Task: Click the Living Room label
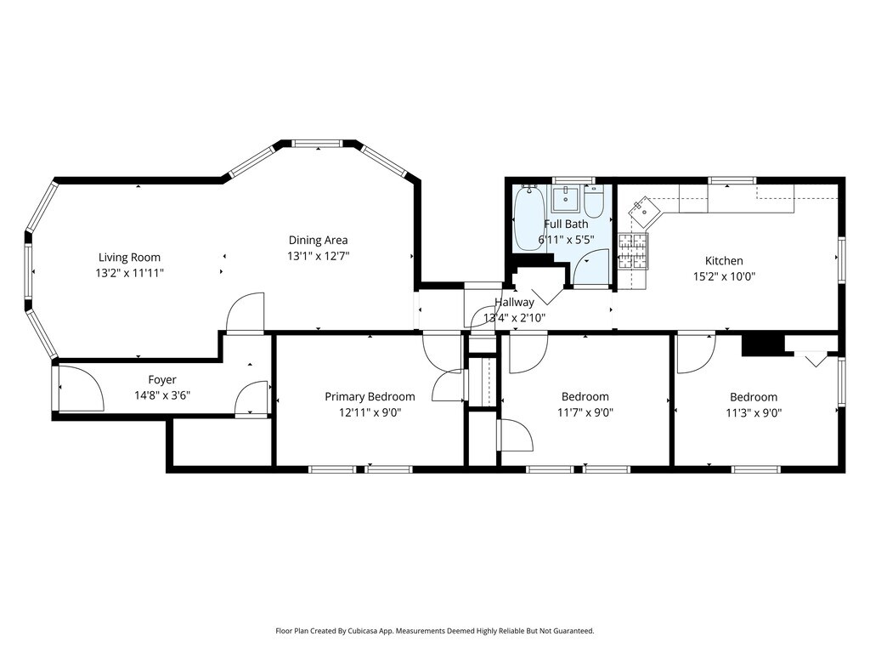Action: pos(129,257)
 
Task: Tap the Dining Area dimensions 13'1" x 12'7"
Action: pos(318,256)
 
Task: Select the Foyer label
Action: pos(162,380)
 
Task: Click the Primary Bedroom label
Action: pos(370,396)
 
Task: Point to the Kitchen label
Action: pos(724,260)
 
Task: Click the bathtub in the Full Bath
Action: pos(529,219)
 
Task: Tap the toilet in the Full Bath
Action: pos(594,202)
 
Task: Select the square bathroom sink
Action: pos(565,199)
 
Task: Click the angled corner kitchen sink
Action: pos(644,211)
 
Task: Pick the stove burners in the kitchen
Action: pos(633,252)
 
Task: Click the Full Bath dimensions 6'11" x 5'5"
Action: pos(566,240)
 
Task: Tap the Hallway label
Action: pos(514,302)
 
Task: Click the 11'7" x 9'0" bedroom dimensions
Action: pos(585,412)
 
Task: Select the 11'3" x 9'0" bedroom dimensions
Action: pos(754,413)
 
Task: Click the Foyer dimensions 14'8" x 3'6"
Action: pos(162,395)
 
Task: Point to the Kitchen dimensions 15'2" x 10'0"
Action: pos(724,276)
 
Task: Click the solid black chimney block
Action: pos(764,344)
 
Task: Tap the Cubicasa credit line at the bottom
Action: pos(435,631)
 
